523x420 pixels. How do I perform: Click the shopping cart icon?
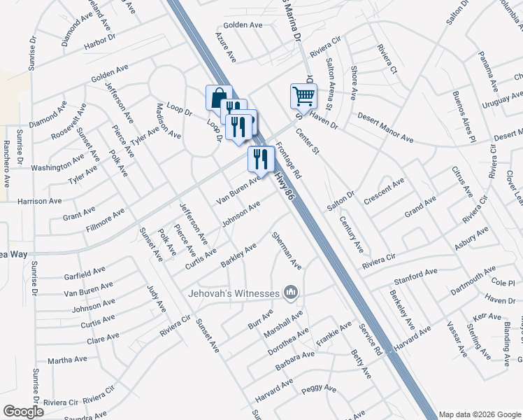(303, 95)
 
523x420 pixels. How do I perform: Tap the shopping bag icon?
(218, 97)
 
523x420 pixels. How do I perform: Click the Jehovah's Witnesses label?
(234, 293)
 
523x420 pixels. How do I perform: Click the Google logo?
(23, 412)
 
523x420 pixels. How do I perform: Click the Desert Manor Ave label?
(385, 128)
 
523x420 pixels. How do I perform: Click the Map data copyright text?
(480, 414)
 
